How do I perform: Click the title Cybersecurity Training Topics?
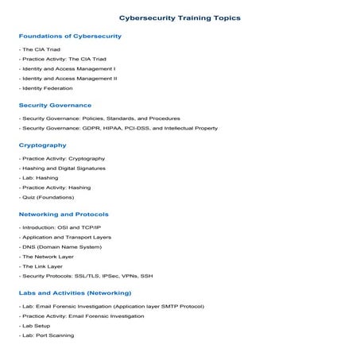pyautogui.click(x=180, y=17)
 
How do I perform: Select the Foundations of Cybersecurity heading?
pyautogui.click(x=70, y=36)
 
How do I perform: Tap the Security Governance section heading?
pyautogui.click(x=55, y=105)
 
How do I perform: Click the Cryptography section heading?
pyautogui.click(x=42, y=145)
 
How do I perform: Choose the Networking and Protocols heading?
pyautogui.click(x=64, y=215)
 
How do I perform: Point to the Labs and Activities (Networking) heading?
pyautogui.click(x=75, y=293)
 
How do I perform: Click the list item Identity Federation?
pyautogui.click(x=49, y=88)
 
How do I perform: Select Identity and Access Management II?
pyautogui.click(x=69, y=79)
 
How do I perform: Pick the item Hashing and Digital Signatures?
pyautogui.click(x=64, y=168)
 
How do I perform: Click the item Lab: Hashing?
pyautogui.click(x=40, y=178)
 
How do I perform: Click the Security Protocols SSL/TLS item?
pyautogui.click(x=86, y=276)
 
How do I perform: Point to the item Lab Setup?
pyautogui.click(x=37, y=326)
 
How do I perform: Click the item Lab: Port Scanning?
pyautogui.click(x=48, y=335)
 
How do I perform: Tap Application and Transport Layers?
pyautogui.click(x=67, y=237)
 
